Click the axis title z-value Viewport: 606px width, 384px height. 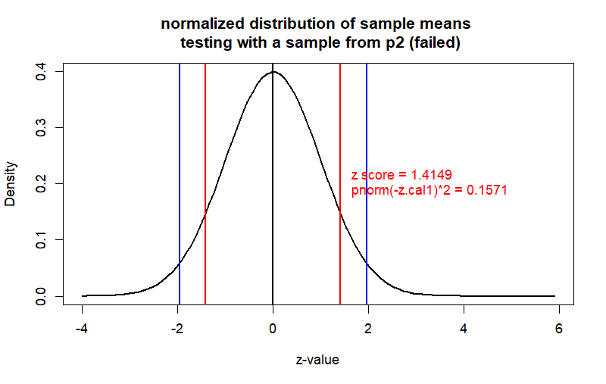coord(317,360)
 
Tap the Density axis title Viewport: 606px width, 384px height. coord(11,183)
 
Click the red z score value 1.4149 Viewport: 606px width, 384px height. coord(432,176)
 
